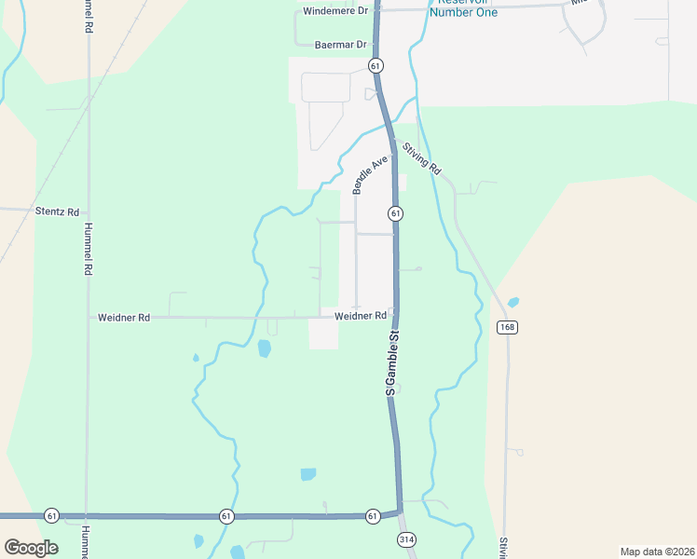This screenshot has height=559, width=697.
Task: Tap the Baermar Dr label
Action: tap(341, 44)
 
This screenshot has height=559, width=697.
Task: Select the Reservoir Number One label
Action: tap(463, 8)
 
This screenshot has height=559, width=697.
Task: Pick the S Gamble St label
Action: tap(392, 362)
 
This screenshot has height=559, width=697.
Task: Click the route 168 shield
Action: tap(507, 327)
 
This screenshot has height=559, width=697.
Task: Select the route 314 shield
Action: tap(404, 539)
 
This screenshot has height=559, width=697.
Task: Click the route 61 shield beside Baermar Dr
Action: tap(375, 65)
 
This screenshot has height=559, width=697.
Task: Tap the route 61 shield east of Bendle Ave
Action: tap(396, 213)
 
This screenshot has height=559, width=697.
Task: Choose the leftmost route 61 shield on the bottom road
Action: tap(51, 515)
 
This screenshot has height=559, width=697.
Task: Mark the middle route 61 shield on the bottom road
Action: tap(226, 515)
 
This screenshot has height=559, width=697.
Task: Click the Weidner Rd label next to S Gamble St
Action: tap(360, 317)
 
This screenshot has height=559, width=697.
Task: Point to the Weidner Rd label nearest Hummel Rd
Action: tap(124, 318)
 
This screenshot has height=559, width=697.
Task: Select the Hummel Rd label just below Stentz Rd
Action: tap(88, 247)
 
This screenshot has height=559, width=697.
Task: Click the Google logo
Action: tap(31, 547)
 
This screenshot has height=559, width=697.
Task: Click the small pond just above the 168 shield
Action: tap(512, 303)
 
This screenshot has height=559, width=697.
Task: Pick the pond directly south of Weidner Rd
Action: tap(264, 348)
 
